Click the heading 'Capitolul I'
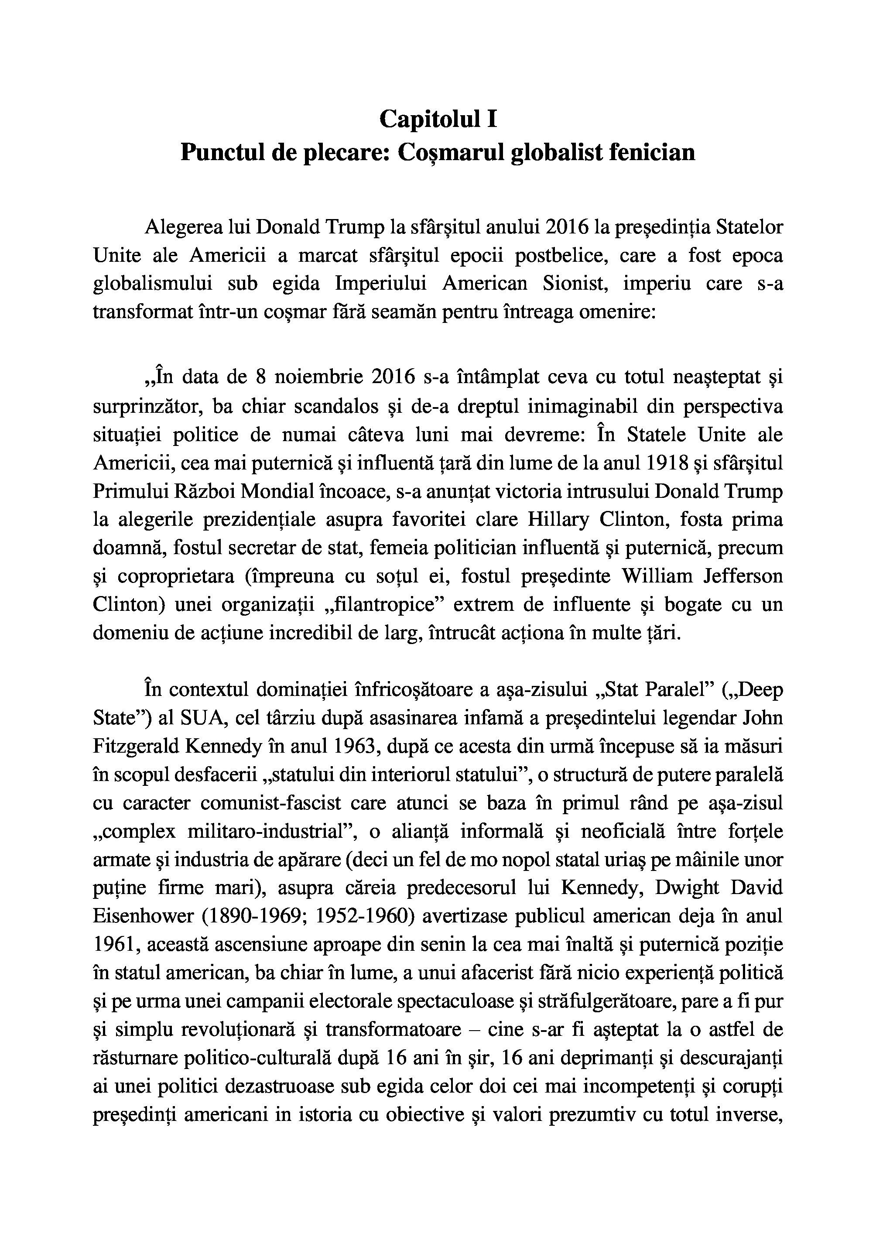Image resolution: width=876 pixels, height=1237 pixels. pos(438,119)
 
